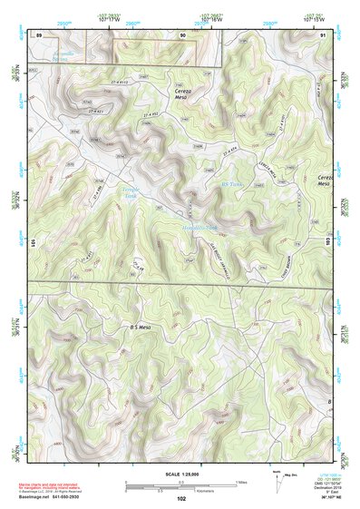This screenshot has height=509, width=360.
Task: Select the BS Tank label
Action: pyautogui.click(x=233, y=183)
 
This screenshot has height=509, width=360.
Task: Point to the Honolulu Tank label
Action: pyautogui.click(x=199, y=227)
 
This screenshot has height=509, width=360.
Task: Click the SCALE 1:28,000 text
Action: pyautogui.click(x=180, y=474)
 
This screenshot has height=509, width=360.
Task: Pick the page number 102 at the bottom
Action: pyautogui.click(x=181, y=498)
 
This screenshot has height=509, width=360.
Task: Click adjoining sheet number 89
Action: pyautogui.click(x=39, y=34)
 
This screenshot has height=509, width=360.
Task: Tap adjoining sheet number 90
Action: pyautogui.click(x=182, y=34)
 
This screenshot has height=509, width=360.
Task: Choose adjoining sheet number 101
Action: pyautogui.click(x=33, y=243)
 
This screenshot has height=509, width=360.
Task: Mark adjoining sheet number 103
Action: pyautogui.click(x=329, y=243)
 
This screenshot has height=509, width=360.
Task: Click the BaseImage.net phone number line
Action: pyautogui.click(x=59, y=497)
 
